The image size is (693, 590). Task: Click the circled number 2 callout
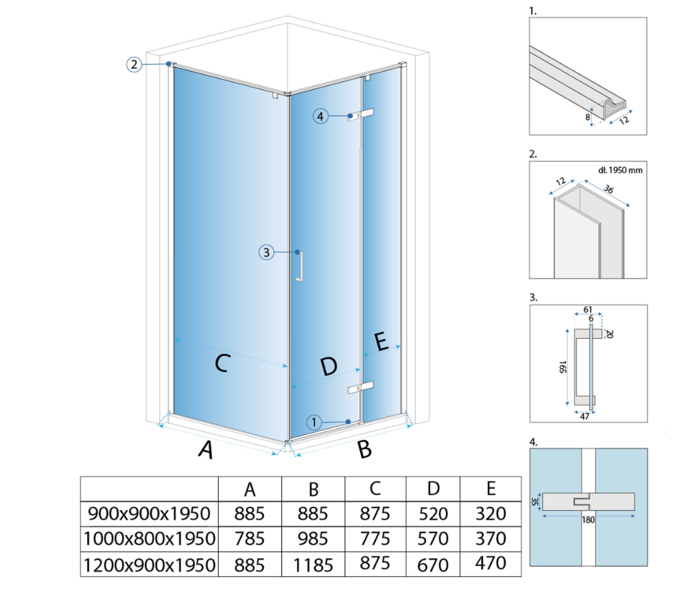(x=134, y=64)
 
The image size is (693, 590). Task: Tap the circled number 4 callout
(x=320, y=116)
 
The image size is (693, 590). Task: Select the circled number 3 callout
(x=266, y=252)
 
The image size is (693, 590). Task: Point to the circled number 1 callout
(x=314, y=422)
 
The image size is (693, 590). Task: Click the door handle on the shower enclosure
(x=299, y=265)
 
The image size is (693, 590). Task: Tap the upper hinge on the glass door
(x=361, y=115)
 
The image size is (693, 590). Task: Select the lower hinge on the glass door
(x=361, y=387)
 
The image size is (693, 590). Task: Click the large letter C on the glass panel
(x=222, y=364)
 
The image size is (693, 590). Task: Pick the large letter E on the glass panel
(x=381, y=342)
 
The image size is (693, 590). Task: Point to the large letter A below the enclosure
(x=206, y=449)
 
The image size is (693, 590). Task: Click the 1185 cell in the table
(x=314, y=565)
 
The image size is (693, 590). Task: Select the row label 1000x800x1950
(x=150, y=539)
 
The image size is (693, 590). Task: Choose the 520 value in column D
(x=433, y=514)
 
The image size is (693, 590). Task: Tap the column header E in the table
(x=491, y=488)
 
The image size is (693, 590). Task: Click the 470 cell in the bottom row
(x=491, y=563)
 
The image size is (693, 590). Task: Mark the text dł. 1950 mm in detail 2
(x=620, y=170)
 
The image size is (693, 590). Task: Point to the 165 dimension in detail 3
(x=562, y=367)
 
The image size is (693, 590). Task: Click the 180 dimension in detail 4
(x=588, y=520)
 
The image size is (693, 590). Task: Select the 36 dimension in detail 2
(x=609, y=189)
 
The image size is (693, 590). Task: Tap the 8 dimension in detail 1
(x=587, y=117)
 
